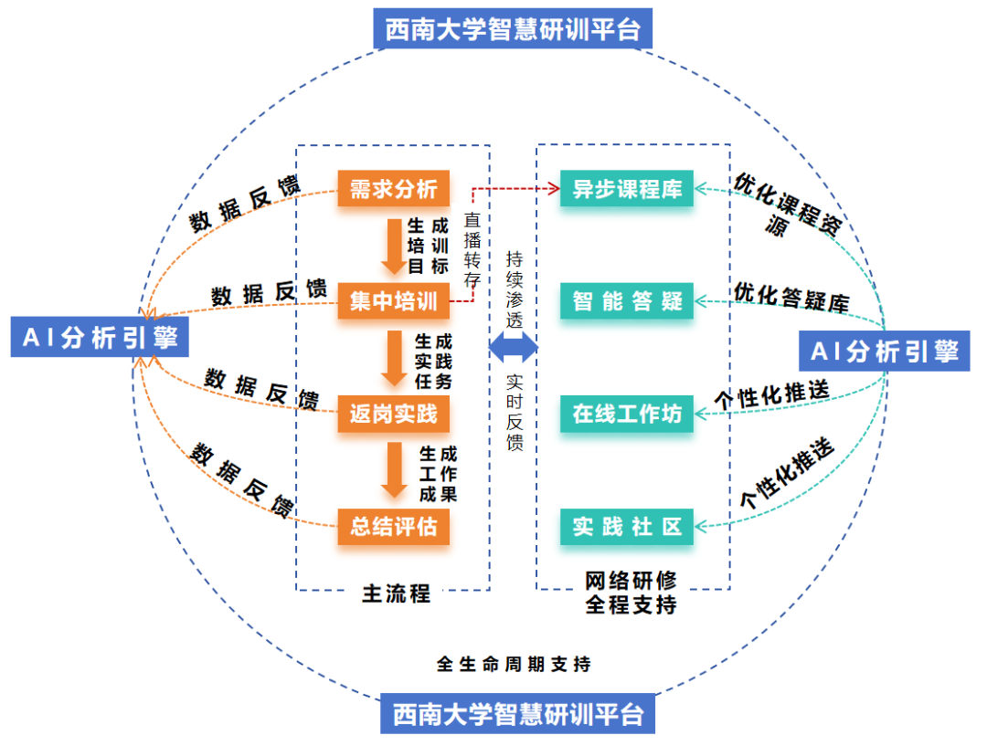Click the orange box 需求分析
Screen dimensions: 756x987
[x=394, y=189]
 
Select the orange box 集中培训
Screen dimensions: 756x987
[x=394, y=300]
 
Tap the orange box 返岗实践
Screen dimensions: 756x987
[x=394, y=415]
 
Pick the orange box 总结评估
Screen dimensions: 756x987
[x=394, y=527]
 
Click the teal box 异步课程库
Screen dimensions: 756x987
[x=627, y=189]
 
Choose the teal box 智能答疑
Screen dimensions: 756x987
[x=627, y=300]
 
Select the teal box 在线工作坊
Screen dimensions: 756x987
[x=627, y=415]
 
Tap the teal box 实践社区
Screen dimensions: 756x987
[x=627, y=527]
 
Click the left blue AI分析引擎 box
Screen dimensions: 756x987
[x=100, y=338]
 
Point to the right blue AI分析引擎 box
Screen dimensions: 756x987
[x=884, y=352]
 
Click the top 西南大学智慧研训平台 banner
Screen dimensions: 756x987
[x=513, y=30]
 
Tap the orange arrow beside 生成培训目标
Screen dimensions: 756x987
[x=394, y=245]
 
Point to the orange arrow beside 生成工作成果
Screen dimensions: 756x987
[x=394, y=470]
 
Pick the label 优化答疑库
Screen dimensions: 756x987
[x=791, y=297]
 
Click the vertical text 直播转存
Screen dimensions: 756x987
[x=472, y=249]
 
